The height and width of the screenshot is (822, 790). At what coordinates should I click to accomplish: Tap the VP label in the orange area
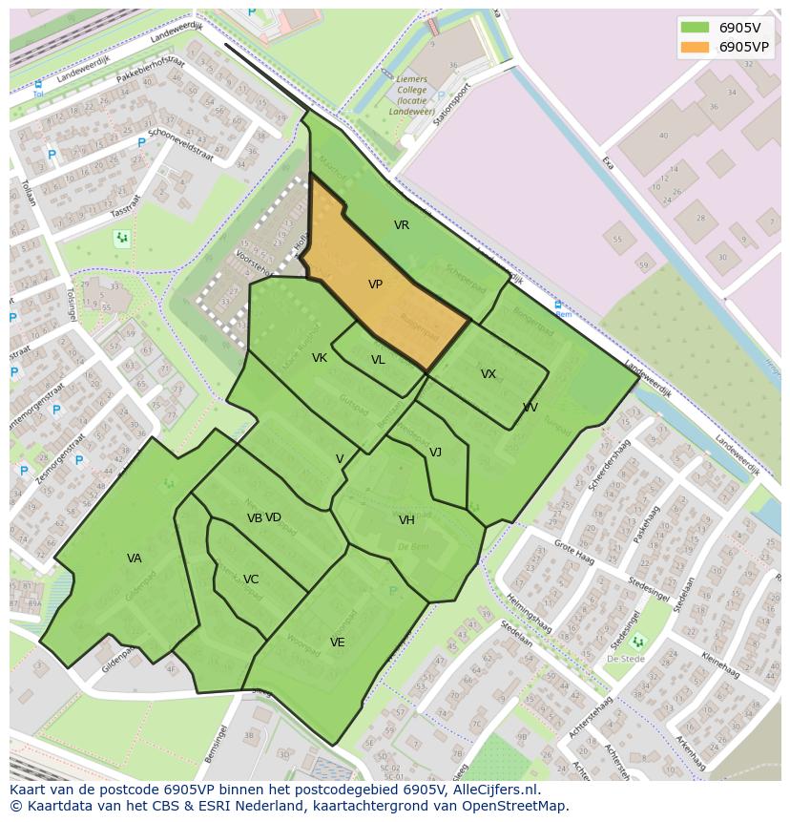tap(375, 285)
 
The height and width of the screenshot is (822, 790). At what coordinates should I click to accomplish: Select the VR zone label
tap(402, 225)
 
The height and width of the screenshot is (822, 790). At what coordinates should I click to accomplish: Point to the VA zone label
tap(135, 559)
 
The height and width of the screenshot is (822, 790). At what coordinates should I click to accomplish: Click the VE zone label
tap(337, 643)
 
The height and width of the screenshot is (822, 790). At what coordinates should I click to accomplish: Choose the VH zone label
tap(407, 520)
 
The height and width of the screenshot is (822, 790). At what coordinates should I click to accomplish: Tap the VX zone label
tap(489, 374)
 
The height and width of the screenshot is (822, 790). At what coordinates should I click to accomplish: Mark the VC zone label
tap(251, 580)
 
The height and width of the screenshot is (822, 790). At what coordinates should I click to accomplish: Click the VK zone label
tap(320, 358)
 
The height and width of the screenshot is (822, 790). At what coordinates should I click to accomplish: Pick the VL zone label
tap(379, 360)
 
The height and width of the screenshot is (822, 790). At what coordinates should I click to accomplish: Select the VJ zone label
tap(435, 453)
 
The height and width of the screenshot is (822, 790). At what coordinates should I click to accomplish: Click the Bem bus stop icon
tap(558, 306)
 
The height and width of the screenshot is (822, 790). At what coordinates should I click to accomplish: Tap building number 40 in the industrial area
tap(664, 136)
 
